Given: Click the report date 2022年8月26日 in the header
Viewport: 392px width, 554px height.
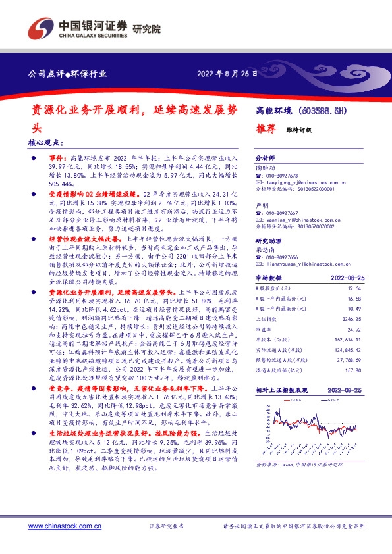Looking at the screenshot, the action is click(228, 73).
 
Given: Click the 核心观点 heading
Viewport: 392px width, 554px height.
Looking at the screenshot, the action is click(47, 141).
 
